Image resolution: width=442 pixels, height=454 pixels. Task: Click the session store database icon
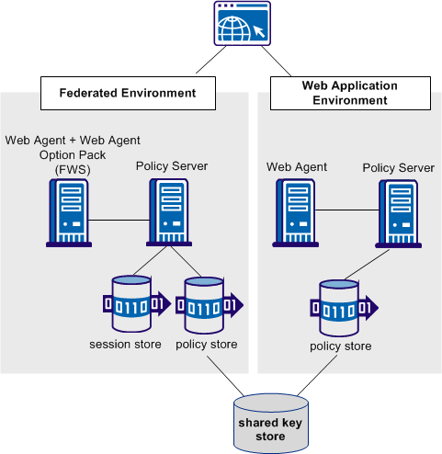coord(129,303)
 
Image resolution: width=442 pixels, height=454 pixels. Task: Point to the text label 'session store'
coord(126,345)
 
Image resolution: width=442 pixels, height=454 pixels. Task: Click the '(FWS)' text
coord(73,169)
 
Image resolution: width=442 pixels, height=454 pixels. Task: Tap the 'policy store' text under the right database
coord(341,346)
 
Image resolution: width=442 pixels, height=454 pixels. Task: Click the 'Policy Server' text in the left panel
coord(172,166)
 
